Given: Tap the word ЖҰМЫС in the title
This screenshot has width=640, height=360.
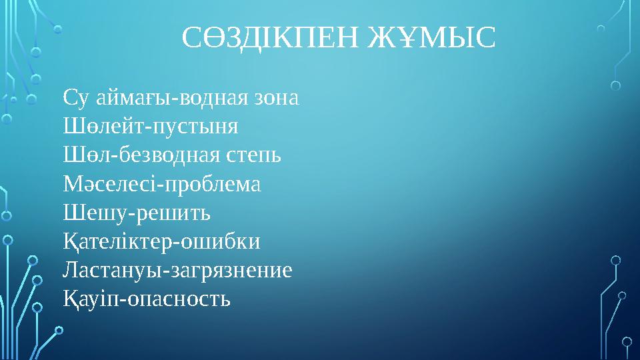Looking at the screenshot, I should pyautogui.click(x=431, y=38).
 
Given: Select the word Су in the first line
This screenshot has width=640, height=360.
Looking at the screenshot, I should pyautogui.click(x=73, y=99).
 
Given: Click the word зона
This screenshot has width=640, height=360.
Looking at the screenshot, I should pyautogui.click(x=277, y=99).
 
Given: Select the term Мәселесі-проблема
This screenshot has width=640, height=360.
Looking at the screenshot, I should pyautogui.click(x=161, y=184).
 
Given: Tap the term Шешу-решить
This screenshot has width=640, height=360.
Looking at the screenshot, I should pyautogui.click(x=136, y=213).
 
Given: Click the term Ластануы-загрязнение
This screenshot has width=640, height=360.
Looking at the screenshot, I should pyautogui.click(x=177, y=270).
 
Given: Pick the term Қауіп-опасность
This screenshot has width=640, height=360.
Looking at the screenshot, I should pyautogui.click(x=147, y=299).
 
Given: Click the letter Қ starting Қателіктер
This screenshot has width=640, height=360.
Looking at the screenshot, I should pyautogui.click(x=69, y=241).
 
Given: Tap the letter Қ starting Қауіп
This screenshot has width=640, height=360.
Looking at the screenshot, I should pyautogui.click(x=69, y=299).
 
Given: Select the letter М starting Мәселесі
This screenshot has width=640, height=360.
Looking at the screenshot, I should pyautogui.click(x=72, y=184).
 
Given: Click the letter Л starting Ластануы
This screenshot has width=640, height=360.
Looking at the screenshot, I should pyautogui.click(x=70, y=270).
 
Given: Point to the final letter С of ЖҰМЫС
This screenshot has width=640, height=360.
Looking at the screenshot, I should pyautogui.click(x=487, y=38).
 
